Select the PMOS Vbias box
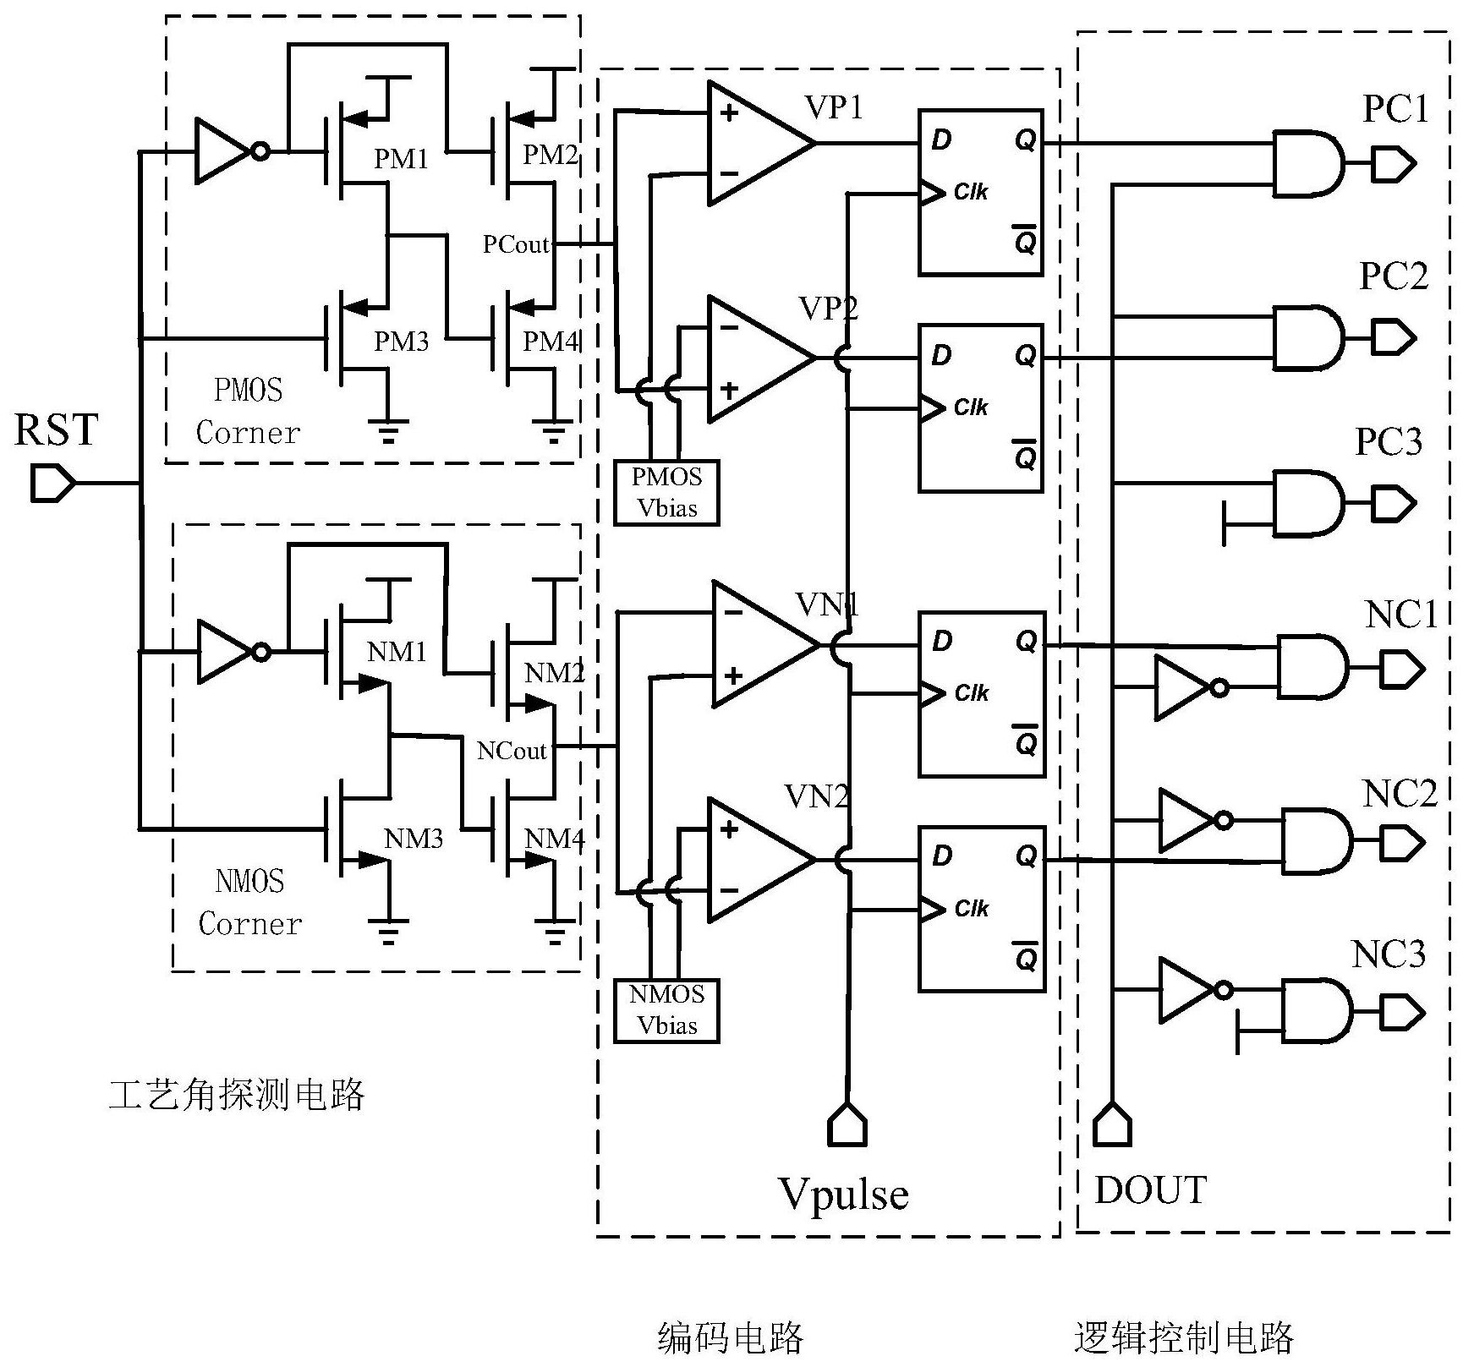[x=666, y=493]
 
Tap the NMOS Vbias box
[x=666, y=1010]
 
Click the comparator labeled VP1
[x=758, y=144]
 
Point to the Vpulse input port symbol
[x=847, y=1125]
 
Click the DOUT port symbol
[x=1112, y=1125]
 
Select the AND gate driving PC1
[x=1307, y=163]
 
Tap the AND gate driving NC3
[x=1316, y=1012]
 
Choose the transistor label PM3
[x=402, y=342]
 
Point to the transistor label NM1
[x=397, y=652]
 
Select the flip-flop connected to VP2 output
[x=981, y=407]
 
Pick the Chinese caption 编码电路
[x=730, y=1338]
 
